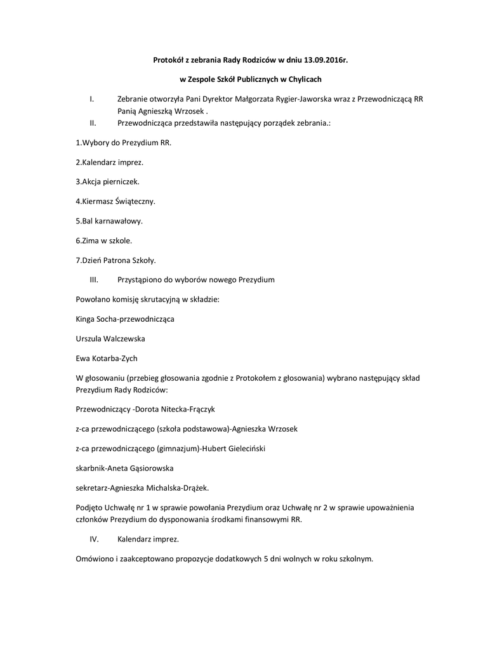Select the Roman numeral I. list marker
click(x=92, y=99)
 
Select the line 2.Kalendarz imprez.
click(x=109, y=162)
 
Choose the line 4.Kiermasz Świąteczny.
click(x=116, y=201)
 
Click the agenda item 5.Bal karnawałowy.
click(x=109, y=221)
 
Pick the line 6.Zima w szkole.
click(x=103, y=241)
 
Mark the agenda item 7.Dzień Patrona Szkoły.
click(x=116, y=260)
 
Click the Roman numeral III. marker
click(x=94, y=279)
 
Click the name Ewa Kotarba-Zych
click(x=107, y=358)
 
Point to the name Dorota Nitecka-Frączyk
click(x=179, y=409)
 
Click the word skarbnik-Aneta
click(x=103, y=468)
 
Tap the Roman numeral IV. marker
click(x=93, y=540)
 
